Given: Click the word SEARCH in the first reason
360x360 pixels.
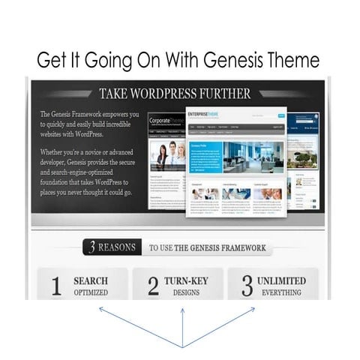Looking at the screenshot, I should click(90, 280).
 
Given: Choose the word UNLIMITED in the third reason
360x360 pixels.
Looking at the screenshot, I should click(281, 280).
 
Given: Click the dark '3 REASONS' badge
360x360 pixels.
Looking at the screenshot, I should click(111, 247).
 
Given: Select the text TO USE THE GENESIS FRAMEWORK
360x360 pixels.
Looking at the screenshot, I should click(207, 247).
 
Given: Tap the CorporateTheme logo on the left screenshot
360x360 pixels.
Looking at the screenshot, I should click(166, 120).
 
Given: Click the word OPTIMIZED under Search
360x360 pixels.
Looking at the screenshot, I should click(90, 292).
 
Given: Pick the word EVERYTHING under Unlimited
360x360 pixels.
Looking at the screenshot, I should click(281, 292).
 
